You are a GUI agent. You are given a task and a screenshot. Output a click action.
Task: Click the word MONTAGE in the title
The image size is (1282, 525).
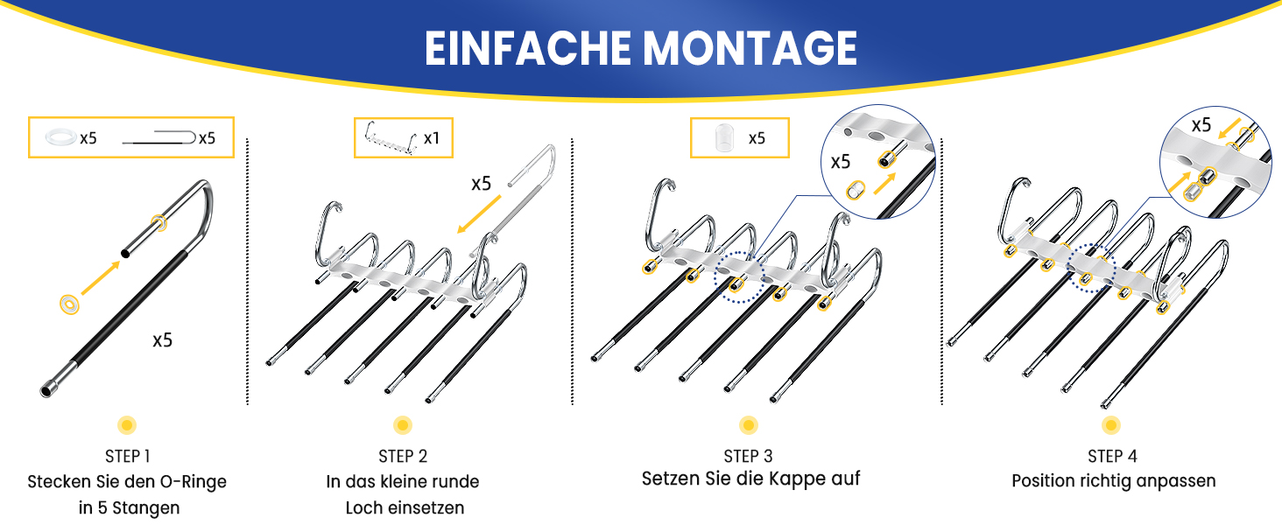(x=750, y=48)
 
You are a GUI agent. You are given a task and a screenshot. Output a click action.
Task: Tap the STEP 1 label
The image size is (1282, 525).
(x=128, y=457)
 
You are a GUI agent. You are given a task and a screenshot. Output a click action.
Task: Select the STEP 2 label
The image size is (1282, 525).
(x=403, y=457)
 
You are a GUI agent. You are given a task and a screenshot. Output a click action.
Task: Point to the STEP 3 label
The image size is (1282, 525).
(x=748, y=457)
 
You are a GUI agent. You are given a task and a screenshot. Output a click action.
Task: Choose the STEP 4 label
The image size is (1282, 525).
(x=1113, y=457)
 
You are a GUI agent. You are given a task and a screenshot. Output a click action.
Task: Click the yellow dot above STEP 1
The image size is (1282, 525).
(x=127, y=425)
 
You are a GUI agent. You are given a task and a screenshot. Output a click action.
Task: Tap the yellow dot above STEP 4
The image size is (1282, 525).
(x=1111, y=425)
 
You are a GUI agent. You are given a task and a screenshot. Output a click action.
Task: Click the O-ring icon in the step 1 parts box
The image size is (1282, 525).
(x=60, y=137)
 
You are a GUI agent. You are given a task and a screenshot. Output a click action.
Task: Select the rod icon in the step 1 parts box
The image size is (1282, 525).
(x=159, y=137)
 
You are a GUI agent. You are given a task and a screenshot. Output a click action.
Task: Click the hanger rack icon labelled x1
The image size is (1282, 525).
(x=391, y=138)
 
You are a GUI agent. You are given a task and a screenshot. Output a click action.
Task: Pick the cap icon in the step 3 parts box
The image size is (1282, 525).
(x=724, y=138)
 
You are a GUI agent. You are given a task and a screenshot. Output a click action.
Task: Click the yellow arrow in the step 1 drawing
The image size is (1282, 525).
(x=101, y=278)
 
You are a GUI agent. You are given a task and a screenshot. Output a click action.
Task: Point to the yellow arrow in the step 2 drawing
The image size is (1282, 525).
(x=479, y=214)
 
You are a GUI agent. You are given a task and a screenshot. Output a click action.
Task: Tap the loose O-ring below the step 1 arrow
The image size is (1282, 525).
(x=70, y=304)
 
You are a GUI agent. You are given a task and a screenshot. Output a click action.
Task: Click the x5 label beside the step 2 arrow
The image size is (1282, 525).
(x=482, y=184)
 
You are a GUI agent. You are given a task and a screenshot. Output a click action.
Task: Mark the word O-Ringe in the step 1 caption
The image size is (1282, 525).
(x=193, y=481)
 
